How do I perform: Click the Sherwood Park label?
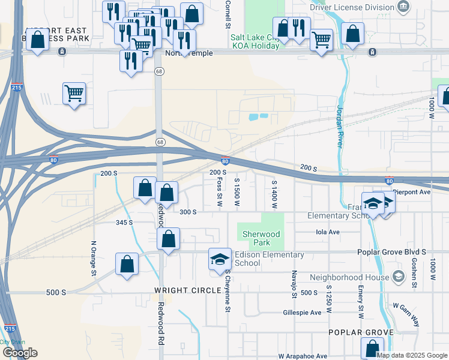pos(262,238)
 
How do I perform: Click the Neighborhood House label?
pos(349,277)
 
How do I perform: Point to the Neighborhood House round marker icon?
pos(398,277)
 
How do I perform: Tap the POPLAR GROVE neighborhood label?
pos(361,332)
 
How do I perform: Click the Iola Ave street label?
pos(328,232)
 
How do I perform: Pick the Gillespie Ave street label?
pos(304,313)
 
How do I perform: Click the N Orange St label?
pos(94,258)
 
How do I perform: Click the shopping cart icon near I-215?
pos(74,93)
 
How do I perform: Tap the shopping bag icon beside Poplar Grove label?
pos(372,348)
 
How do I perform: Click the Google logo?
pos(20,353)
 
